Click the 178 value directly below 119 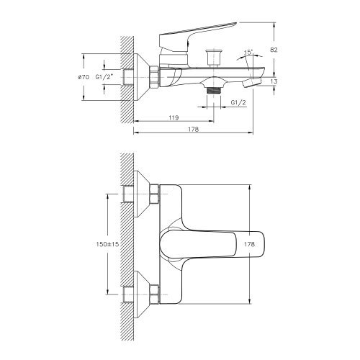(x=193, y=130)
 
